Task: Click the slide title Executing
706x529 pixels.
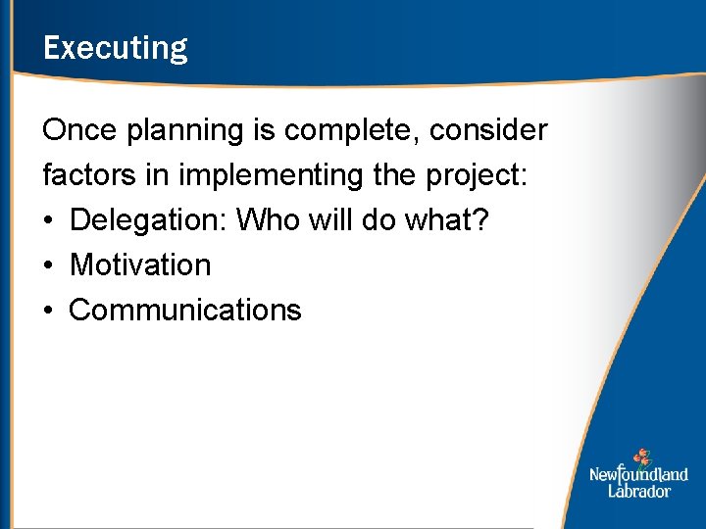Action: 115,48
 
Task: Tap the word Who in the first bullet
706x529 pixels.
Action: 267,219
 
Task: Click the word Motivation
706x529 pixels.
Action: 140,264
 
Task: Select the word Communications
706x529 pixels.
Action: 185,310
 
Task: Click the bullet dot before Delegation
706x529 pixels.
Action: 49,221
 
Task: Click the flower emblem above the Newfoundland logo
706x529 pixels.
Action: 641,457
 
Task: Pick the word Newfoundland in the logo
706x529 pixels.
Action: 638,475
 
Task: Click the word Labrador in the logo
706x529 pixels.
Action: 638,491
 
